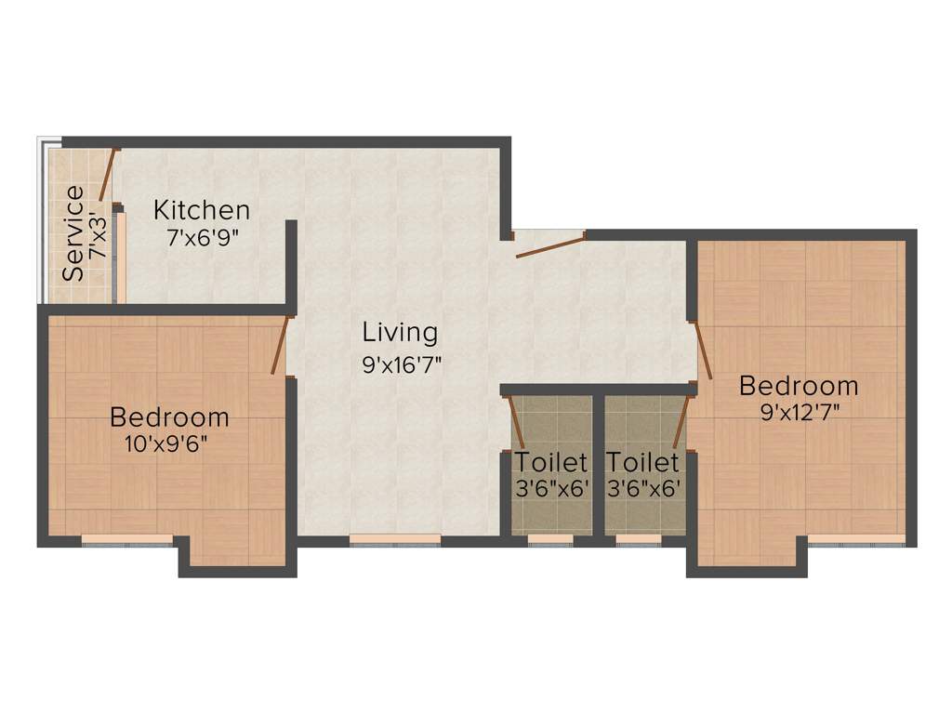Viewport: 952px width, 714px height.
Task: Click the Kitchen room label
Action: click(202, 210)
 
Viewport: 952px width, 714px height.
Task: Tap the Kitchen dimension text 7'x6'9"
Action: click(204, 238)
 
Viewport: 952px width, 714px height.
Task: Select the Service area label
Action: click(73, 233)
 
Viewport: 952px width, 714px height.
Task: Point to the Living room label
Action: click(400, 332)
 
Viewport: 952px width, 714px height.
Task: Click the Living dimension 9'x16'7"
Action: click(402, 364)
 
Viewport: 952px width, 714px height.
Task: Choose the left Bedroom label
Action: click(169, 416)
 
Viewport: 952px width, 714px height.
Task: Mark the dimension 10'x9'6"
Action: click(165, 443)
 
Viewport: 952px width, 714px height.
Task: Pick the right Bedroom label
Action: click(799, 385)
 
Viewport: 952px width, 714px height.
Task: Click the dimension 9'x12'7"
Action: click(800, 411)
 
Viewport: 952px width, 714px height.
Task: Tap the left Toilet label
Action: click(552, 462)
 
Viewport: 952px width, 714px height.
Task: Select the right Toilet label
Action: click(642, 462)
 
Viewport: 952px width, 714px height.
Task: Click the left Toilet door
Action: click(516, 421)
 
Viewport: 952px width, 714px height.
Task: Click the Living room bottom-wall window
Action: click(395, 538)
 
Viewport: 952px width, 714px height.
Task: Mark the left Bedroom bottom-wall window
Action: click(126, 538)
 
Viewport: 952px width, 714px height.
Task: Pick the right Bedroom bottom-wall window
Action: click(855, 538)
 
